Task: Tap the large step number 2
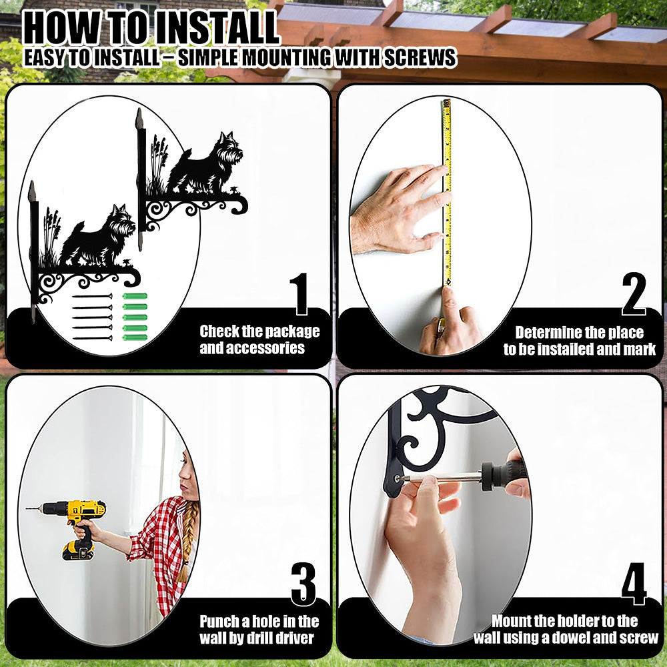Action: pos(634,294)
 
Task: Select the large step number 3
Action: pos(303,584)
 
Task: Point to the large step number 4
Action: pos(634,584)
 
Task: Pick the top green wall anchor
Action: pos(135,296)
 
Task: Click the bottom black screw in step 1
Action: pos(92,338)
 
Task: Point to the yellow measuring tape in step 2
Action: pos(447,192)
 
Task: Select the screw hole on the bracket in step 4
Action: pos(398,478)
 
